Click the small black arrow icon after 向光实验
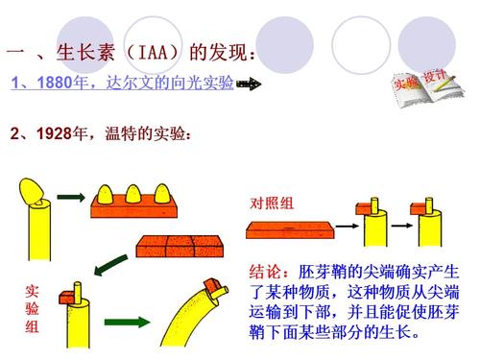(249, 84)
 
